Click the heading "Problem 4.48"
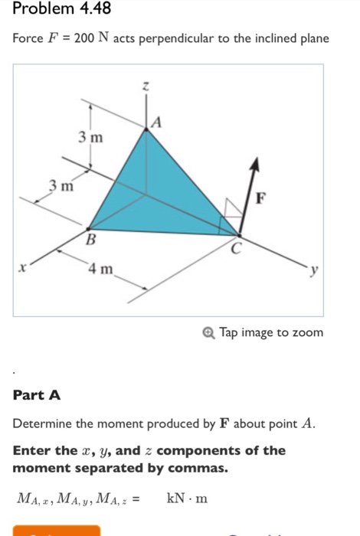point(51,10)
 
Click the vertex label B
point(90,241)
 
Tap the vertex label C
point(236,247)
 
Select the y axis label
point(313,270)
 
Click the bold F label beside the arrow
point(261,199)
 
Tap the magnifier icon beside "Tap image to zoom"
point(210,332)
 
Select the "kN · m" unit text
point(187,499)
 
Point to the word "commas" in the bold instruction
point(201,466)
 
